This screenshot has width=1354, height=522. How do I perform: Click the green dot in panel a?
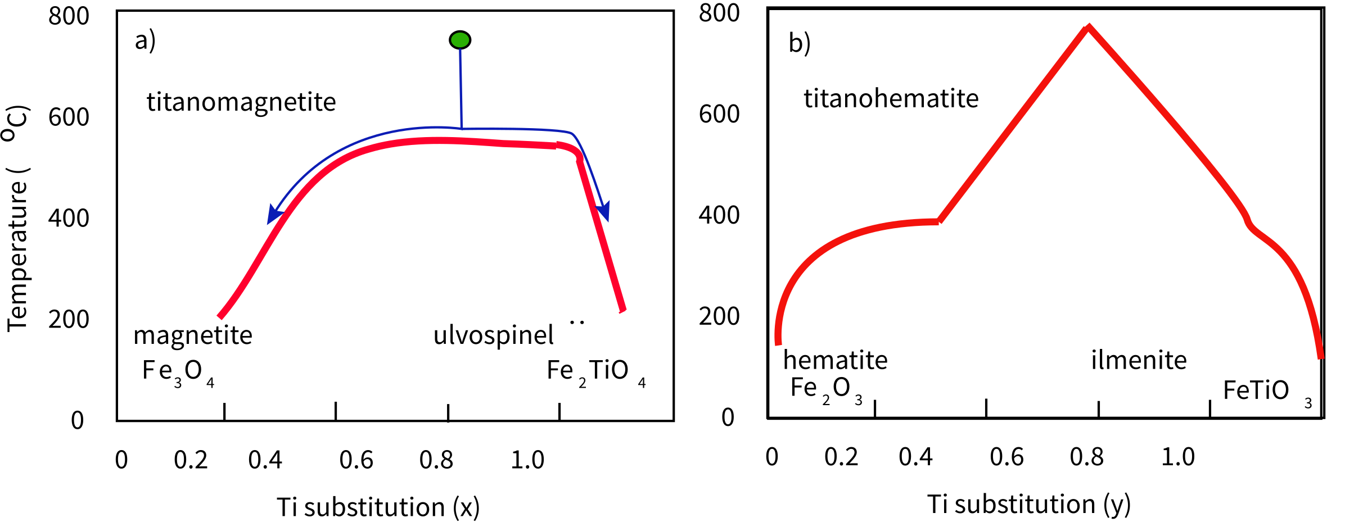(x=460, y=40)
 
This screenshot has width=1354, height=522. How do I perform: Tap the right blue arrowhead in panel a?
(x=603, y=211)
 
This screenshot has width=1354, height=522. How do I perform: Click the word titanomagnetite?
(x=241, y=102)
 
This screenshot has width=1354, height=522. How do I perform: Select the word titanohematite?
(x=891, y=99)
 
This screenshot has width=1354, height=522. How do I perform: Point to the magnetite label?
(x=193, y=335)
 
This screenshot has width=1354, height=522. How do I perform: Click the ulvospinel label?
(x=493, y=335)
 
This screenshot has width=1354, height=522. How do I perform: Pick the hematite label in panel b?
(x=835, y=360)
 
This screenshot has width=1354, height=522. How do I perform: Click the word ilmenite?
(x=1139, y=360)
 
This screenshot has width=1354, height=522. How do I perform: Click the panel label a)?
(x=145, y=41)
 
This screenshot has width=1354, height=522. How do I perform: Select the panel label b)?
(x=800, y=43)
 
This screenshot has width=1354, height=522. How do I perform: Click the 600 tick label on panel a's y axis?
(x=69, y=117)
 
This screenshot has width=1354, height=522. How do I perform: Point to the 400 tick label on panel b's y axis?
(x=719, y=216)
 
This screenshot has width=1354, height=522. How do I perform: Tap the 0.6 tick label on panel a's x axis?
(x=356, y=460)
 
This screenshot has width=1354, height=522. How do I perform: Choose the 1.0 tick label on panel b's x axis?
(x=1177, y=457)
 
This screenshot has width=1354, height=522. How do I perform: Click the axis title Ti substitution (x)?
(x=378, y=507)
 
